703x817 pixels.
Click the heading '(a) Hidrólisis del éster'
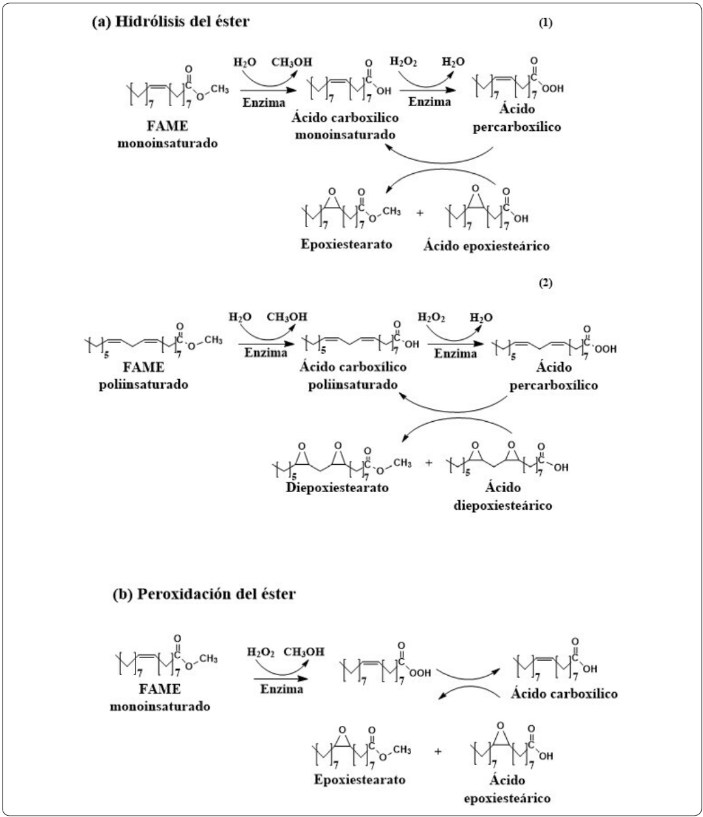[x=171, y=21]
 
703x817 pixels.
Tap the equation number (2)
[x=545, y=283]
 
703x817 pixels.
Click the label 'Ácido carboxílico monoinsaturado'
[x=347, y=126]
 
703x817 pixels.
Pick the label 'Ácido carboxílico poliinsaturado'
[x=352, y=376]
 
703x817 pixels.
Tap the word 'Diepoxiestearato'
[x=337, y=487]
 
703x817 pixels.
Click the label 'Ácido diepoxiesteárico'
[x=502, y=496]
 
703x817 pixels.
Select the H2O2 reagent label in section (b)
[x=261, y=652]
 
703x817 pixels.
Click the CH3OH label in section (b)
[x=304, y=652]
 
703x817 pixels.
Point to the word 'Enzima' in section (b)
[x=281, y=689]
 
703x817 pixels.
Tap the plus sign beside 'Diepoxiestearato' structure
[x=429, y=464]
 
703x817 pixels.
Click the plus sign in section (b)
[x=438, y=751]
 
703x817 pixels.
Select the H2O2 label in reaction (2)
[x=431, y=317]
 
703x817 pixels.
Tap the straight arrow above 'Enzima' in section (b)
[x=278, y=678]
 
